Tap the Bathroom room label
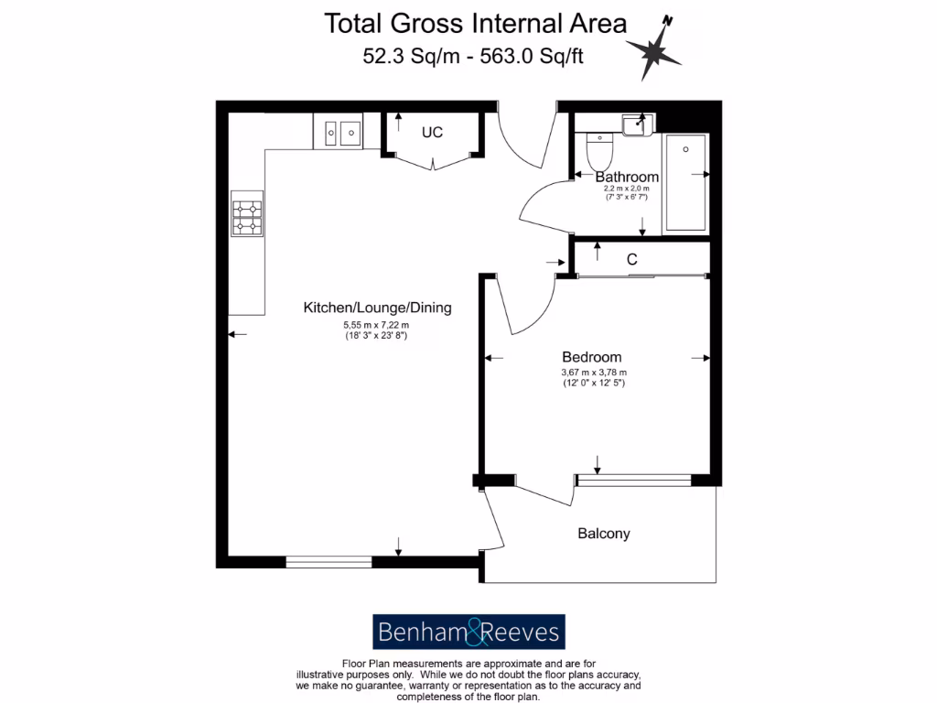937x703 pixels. [x=627, y=177]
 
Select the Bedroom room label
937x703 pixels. [x=591, y=357]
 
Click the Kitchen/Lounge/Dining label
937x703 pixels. [x=377, y=308]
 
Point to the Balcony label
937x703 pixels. [x=603, y=533]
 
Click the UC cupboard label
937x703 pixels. [x=432, y=133]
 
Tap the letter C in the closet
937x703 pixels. [x=631, y=260]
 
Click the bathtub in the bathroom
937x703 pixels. [x=684, y=182]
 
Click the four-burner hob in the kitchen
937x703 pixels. [x=246, y=218]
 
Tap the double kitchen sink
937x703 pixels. [x=338, y=132]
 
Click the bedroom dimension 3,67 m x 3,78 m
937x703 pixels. [x=593, y=373]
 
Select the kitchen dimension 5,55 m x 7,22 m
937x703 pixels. [x=376, y=325]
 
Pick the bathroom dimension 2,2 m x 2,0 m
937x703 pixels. [x=626, y=189]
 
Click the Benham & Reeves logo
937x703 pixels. [x=468, y=632]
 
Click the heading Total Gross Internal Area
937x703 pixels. [x=476, y=24]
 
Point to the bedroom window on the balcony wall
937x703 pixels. [x=633, y=480]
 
